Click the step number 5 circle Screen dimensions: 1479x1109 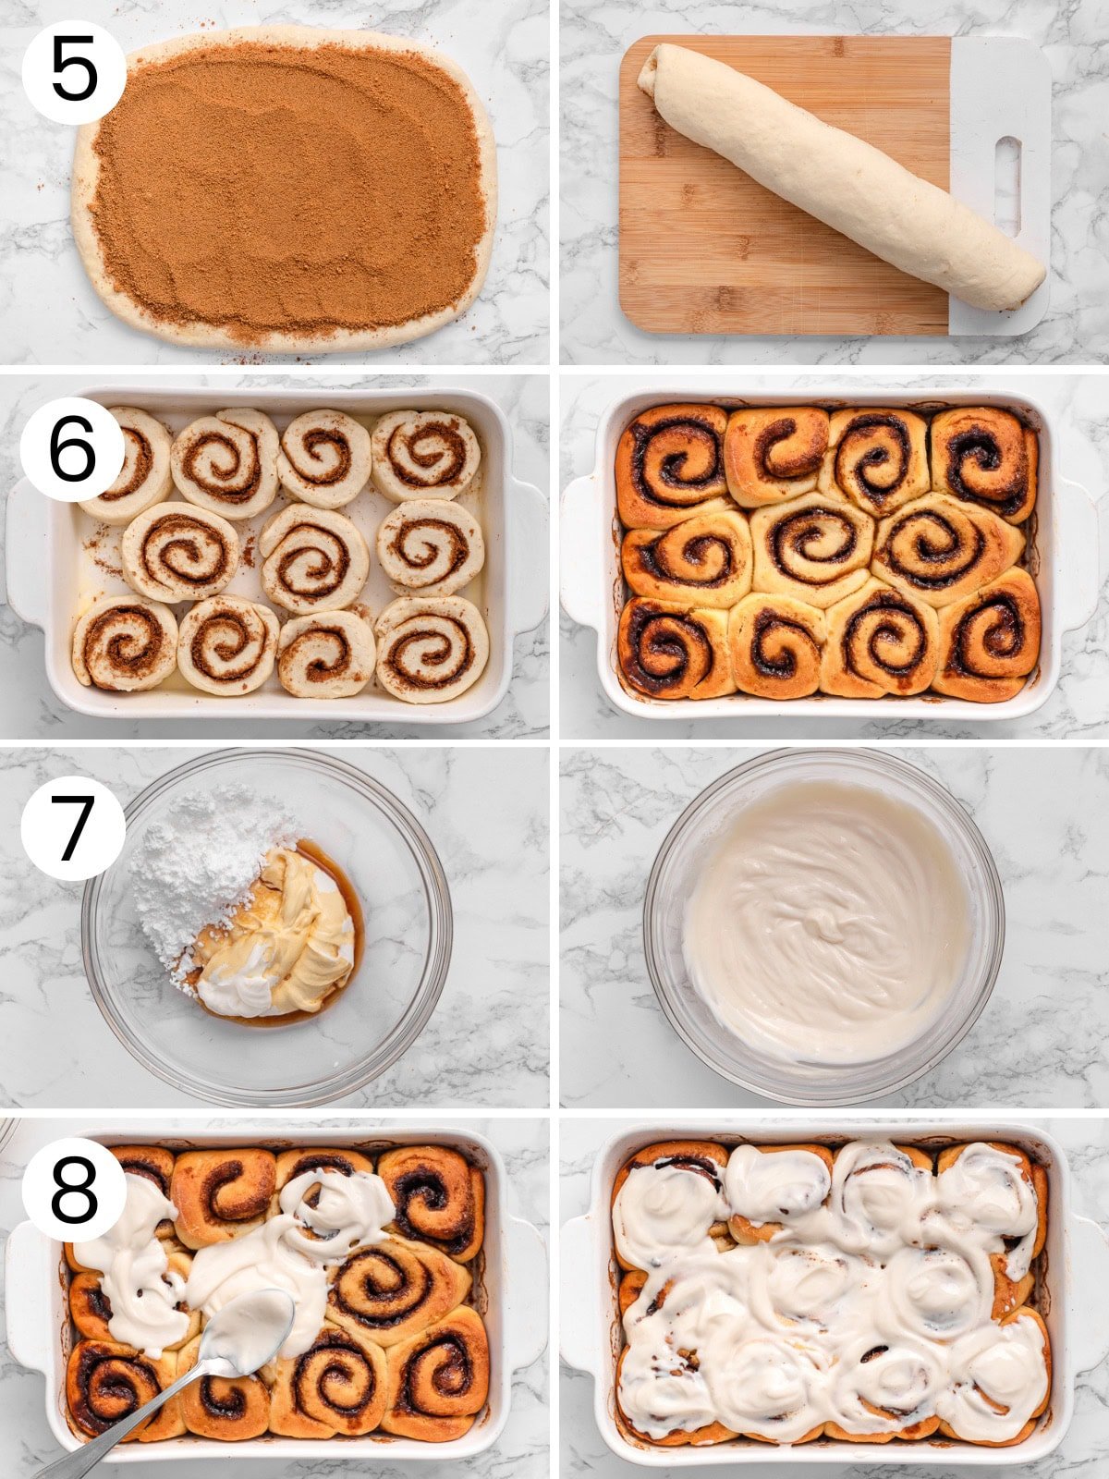click(x=74, y=72)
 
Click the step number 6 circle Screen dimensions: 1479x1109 click(x=72, y=450)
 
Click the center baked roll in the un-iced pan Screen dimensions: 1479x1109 click(x=813, y=541)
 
